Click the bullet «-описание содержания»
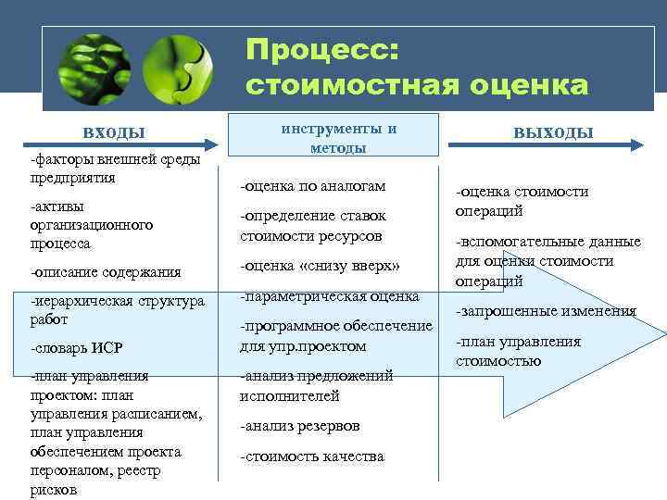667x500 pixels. coord(105,272)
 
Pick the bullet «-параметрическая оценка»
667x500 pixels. coord(329,297)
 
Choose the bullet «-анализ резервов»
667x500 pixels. coord(299,427)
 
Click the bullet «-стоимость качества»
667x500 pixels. coord(311,456)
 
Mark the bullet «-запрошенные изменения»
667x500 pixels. coord(546,312)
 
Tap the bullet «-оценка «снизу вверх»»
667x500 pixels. coord(319,267)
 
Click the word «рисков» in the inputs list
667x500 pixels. coord(54,490)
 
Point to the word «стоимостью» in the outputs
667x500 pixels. coord(497,361)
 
